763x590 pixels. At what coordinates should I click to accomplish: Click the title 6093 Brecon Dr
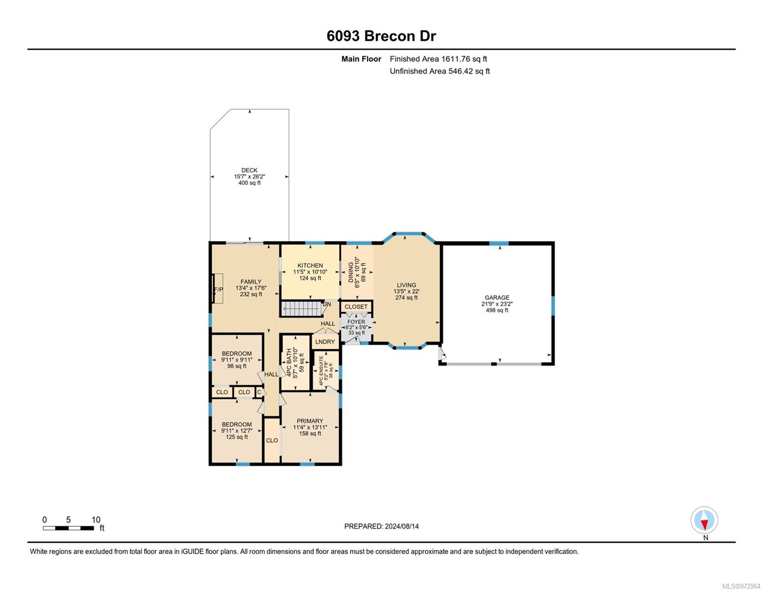click(381, 36)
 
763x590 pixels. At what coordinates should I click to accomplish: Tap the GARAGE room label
click(497, 297)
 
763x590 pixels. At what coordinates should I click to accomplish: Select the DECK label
click(249, 170)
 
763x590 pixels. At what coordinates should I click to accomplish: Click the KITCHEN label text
click(310, 265)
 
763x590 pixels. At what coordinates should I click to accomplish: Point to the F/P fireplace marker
click(219, 290)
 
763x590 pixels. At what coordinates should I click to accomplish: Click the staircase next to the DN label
click(303, 309)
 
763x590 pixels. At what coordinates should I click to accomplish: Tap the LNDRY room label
click(325, 342)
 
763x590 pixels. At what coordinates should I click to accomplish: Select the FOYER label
click(356, 322)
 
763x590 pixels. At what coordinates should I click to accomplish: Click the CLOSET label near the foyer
click(356, 306)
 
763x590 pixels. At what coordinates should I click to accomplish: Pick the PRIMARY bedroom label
click(310, 421)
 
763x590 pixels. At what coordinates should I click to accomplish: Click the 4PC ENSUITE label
click(321, 371)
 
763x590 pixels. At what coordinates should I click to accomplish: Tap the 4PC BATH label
click(289, 363)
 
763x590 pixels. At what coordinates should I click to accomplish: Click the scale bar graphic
click(68, 528)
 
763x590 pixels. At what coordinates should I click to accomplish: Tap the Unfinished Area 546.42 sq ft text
click(440, 71)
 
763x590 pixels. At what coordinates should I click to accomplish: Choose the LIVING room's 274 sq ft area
click(406, 297)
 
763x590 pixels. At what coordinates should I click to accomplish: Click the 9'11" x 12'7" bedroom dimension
click(237, 431)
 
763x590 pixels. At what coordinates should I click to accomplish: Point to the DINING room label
click(351, 272)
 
